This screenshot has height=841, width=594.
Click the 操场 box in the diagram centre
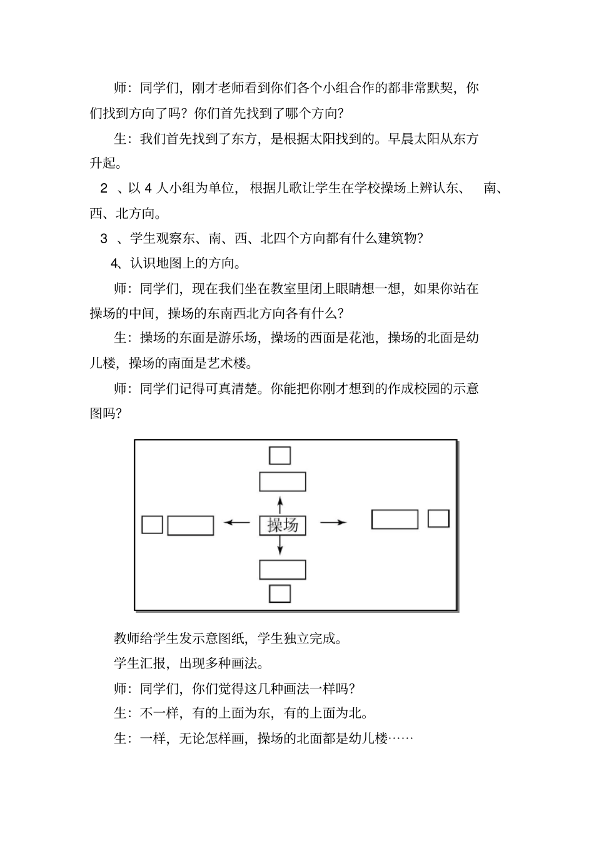coord(283,525)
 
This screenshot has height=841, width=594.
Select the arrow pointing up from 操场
coord(280,505)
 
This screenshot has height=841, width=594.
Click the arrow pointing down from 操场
coord(280,546)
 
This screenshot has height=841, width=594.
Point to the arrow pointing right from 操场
coord(333,522)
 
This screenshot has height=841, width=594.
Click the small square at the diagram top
coord(279,455)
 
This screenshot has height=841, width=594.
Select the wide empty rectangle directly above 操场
coord(282,482)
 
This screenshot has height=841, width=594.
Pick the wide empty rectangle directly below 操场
coord(282,570)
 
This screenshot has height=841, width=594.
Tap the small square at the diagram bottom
coord(279,593)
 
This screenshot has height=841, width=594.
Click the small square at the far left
coord(152,525)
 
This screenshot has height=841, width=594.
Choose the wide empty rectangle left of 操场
coord(190,525)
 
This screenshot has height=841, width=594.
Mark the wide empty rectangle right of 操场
coord(395,520)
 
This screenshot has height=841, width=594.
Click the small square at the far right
coord(438,518)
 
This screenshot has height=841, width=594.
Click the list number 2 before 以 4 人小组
coord(104,188)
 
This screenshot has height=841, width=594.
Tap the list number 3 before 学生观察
coord(104,238)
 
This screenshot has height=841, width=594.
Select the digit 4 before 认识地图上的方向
coord(114,263)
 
